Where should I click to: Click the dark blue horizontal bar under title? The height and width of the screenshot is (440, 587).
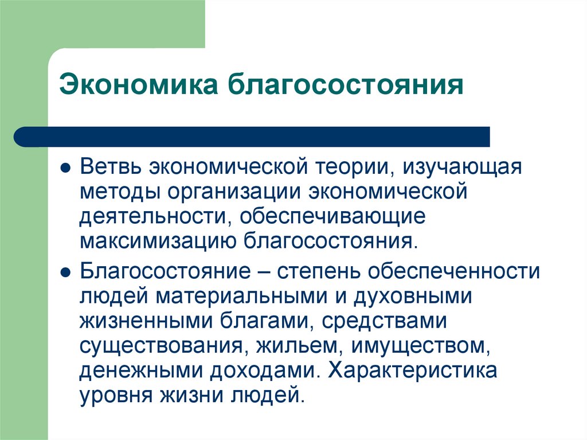(252, 137)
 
